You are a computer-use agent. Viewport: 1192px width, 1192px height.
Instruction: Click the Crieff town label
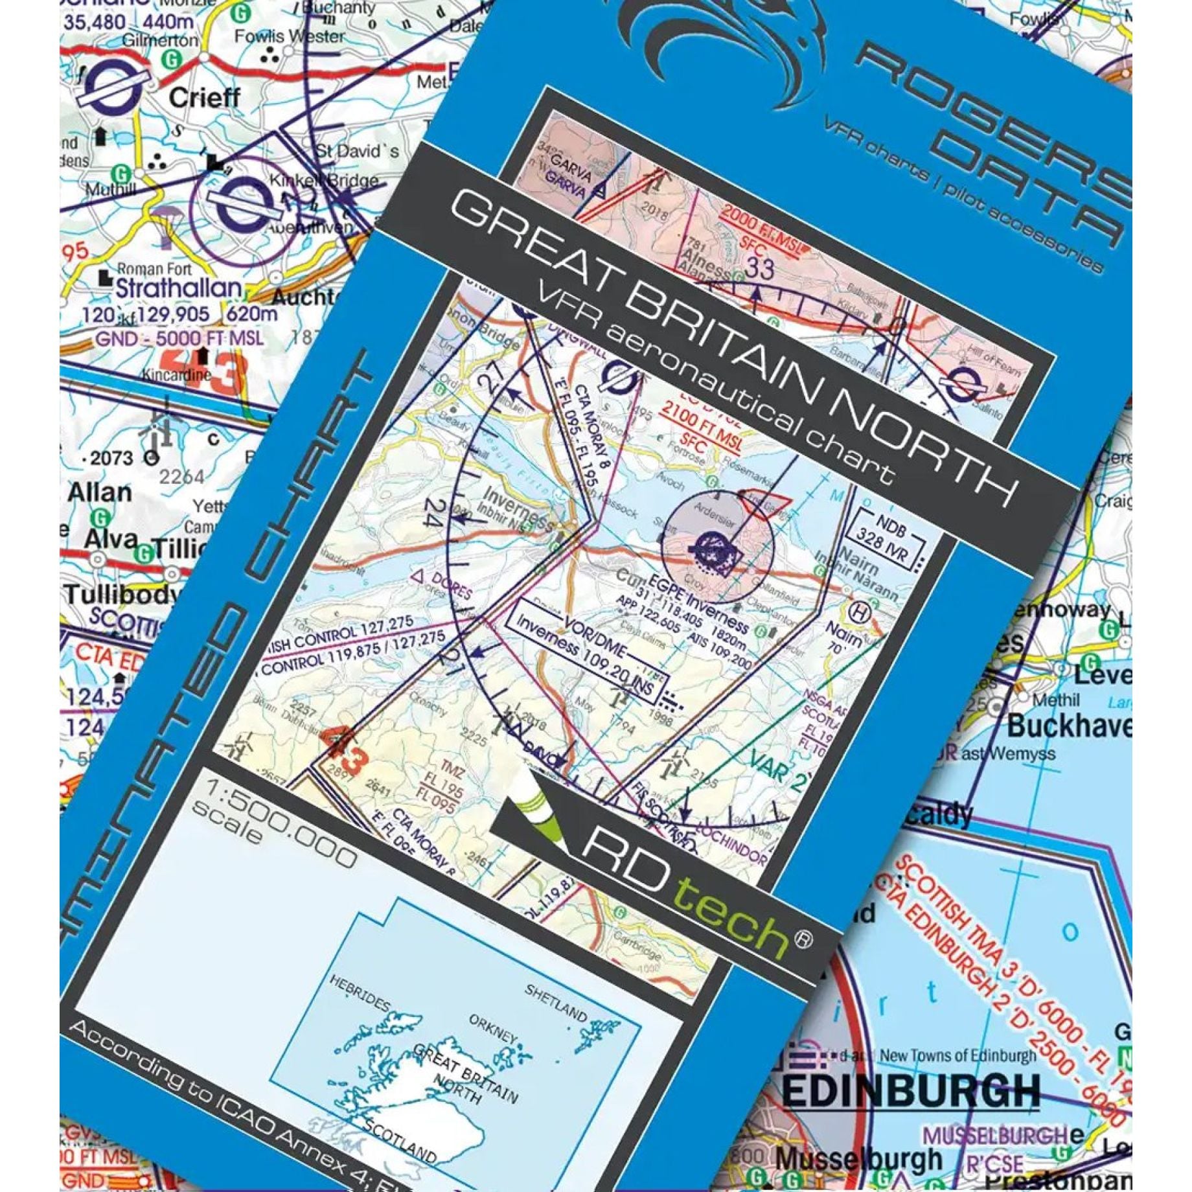pos(204,98)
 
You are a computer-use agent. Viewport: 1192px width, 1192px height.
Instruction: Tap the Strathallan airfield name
pos(178,287)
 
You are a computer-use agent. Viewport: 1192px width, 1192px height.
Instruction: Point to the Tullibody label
pos(119,595)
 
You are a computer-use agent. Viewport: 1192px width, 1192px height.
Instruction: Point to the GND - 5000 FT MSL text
pos(179,338)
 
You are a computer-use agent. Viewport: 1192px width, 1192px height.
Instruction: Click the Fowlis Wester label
pos(289,36)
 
